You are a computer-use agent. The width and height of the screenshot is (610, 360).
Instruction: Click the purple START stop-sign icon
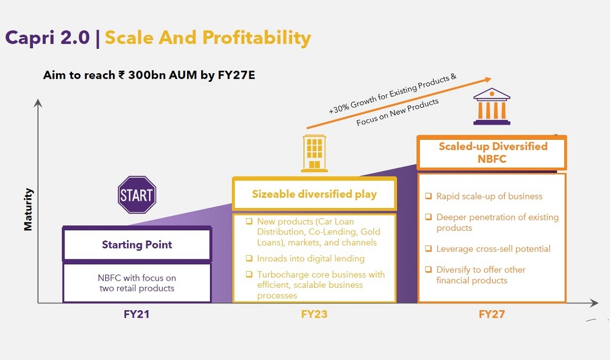(137, 194)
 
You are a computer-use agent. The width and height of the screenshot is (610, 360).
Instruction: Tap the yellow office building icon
(314, 154)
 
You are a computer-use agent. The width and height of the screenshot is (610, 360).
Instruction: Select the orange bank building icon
(492, 106)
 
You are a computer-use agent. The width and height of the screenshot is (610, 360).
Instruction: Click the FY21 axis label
(136, 314)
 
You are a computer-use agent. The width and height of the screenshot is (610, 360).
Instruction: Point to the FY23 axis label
(314, 314)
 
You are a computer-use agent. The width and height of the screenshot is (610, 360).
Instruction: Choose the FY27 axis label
(492, 314)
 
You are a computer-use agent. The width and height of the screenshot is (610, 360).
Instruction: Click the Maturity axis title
(28, 209)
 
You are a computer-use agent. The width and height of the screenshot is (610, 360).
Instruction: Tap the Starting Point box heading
(137, 245)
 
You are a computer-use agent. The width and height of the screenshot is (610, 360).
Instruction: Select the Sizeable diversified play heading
(314, 194)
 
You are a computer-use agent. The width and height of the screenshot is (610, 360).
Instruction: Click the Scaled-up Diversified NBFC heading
(493, 153)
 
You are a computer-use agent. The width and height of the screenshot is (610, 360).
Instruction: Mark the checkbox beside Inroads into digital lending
(249, 258)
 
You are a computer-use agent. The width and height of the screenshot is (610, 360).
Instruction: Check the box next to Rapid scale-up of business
(429, 196)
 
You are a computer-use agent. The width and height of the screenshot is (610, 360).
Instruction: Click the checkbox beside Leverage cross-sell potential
(429, 248)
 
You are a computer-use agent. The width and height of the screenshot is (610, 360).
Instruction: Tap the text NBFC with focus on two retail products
(137, 283)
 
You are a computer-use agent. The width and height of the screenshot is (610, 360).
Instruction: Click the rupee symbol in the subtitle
(121, 75)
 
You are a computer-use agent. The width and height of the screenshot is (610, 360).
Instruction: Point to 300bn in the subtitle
(147, 75)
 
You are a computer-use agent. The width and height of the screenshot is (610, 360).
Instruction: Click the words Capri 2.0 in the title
(47, 38)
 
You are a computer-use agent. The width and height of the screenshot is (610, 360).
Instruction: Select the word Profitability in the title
(257, 38)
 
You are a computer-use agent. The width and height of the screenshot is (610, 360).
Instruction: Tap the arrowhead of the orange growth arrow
(489, 79)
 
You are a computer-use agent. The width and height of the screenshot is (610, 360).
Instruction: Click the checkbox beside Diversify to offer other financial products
(429, 269)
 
